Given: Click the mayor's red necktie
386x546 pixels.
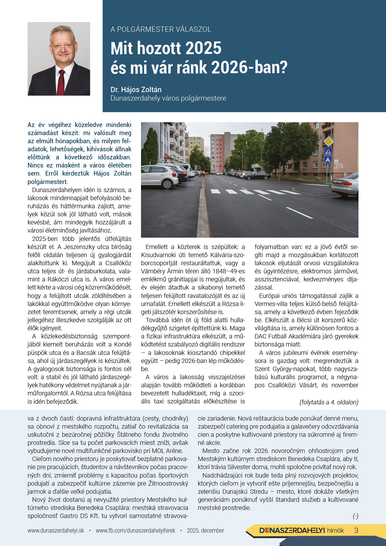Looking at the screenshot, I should tap(61, 82).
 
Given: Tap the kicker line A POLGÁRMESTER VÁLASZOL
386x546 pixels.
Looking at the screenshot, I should tap(161, 29).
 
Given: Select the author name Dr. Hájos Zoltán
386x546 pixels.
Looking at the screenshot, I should tap(136, 90).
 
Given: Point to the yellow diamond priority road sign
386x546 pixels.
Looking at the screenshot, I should tap(328, 142).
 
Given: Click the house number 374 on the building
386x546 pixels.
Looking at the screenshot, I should tap(339, 166).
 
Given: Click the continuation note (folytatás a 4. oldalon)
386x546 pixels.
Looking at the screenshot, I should tap(329, 402).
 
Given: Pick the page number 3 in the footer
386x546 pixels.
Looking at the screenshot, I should tap(356, 530).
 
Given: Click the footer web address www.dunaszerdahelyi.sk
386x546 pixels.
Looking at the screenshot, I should tap(56, 530).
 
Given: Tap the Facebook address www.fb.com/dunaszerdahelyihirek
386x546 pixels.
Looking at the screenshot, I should tap(135, 530).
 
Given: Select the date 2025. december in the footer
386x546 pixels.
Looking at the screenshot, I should tap(205, 530).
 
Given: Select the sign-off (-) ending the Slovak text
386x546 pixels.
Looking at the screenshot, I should tap(355, 516).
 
